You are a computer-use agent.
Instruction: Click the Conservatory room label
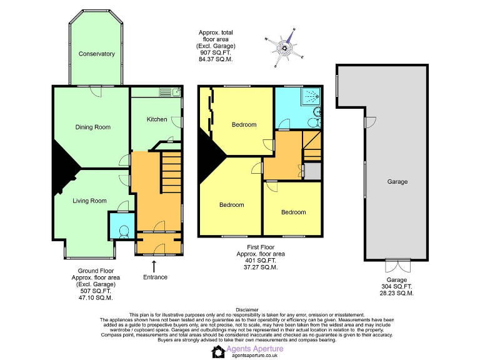[x=96, y=54]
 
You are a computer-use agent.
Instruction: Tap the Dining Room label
[x=93, y=127]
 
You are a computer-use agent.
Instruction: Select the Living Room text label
[x=89, y=201]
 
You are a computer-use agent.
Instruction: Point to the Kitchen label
[x=157, y=119]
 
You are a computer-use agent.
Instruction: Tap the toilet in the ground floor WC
[x=122, y=231]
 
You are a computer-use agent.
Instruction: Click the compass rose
[x=286, y=47]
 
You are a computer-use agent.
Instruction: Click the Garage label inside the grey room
[x=397, y=182]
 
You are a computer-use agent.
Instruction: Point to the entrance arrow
[x=154, y=266]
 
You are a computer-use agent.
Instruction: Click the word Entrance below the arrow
[x=155, y=277]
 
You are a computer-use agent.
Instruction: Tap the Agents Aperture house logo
[x=218, y=352]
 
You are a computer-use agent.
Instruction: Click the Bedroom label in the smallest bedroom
[x=293, y=212]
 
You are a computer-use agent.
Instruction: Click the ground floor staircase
[x=171, y=174]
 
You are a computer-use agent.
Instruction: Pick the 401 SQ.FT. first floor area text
[x=261, y=261]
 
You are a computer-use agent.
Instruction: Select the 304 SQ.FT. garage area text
[x=397, y=286]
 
